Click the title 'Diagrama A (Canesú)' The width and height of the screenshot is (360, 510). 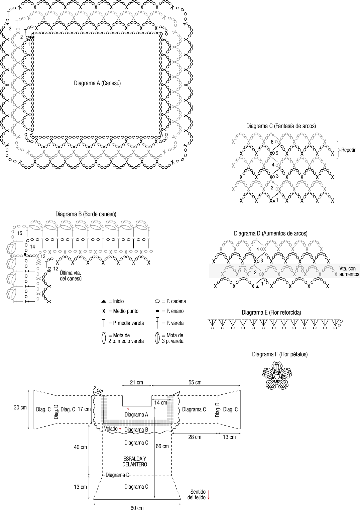pyautogui.click(x=97, y=83)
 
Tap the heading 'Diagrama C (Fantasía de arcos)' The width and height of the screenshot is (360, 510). pyautogui.click(x=281, y=126)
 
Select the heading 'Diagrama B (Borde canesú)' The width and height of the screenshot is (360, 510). pyautogui.click(x=86, y=214)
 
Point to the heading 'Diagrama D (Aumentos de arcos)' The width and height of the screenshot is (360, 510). pyautogui.click(x=270, y=233)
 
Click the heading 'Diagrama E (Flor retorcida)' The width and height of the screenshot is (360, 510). pyautogui.click(x=271, y=313)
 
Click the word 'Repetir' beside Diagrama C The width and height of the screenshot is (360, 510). pyautogui.click(x=348, y=150)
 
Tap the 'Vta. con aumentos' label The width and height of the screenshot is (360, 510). pyautogui.click(x=349, y=271)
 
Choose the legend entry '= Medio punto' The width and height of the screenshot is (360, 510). pyautogui.click(x=123, y=311)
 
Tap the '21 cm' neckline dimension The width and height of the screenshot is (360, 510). pyautogui.click(x=136, y=382)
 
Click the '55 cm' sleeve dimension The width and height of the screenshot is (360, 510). pyautogui.click(x=195, y=382)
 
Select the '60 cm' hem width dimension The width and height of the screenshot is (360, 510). pyautogui.click(x=137, y=508)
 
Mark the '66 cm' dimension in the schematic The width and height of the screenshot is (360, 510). pyautogui.click(x=162, y=446)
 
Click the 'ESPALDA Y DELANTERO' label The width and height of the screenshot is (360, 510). pyautogui.click(x=135, y=462)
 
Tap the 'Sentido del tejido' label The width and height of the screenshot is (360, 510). pyautogui.click(x=198, y=495)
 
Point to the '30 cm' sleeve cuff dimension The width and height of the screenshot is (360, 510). pyautogui.click(x=20, y=407)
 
